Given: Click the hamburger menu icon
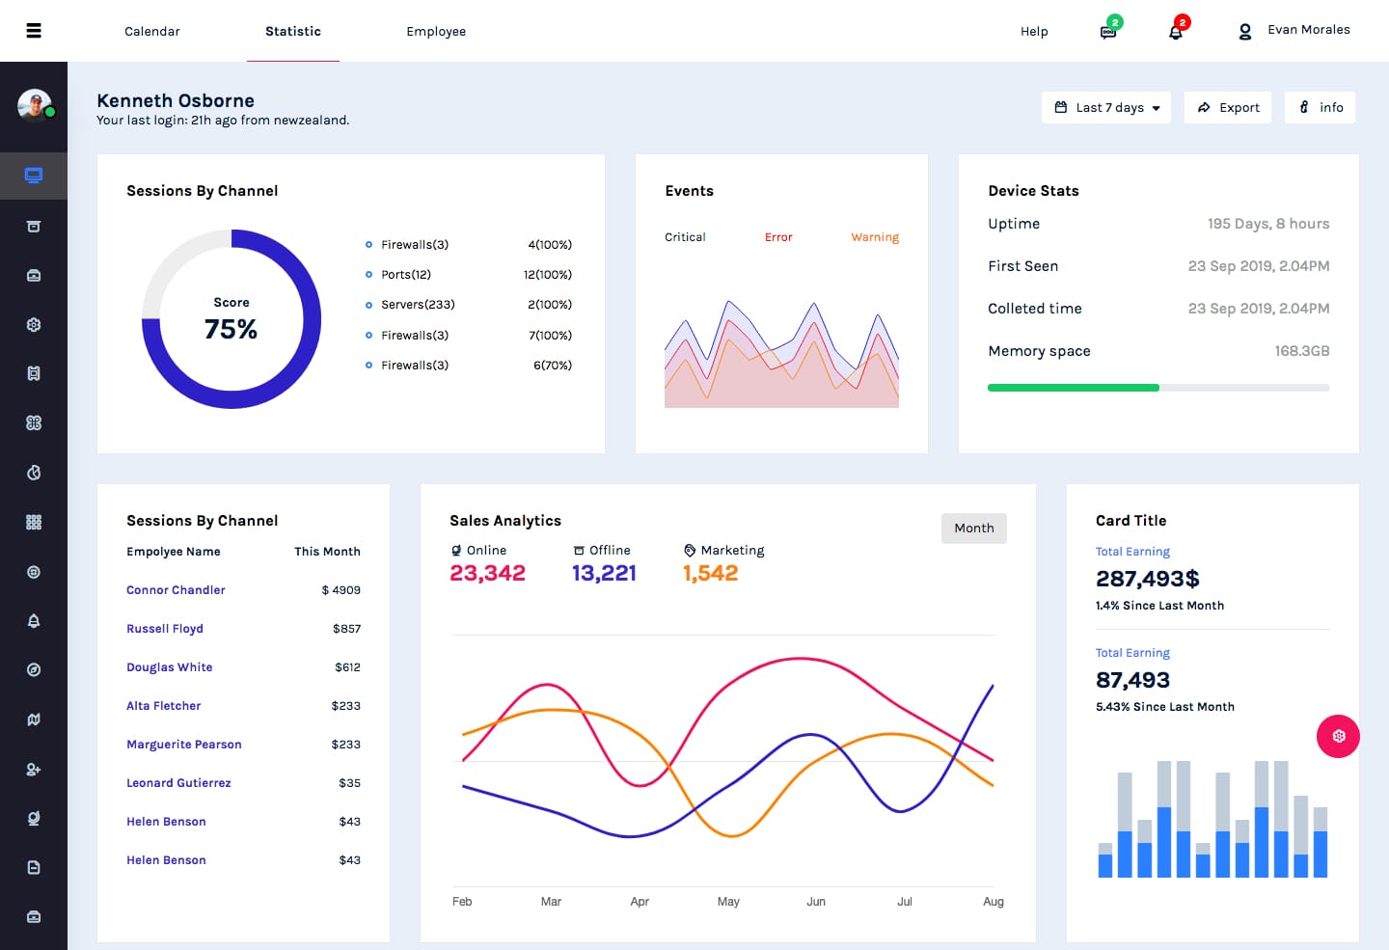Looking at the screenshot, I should point(34,31).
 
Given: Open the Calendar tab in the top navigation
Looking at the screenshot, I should point(152,31).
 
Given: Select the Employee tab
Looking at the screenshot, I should point(436,31).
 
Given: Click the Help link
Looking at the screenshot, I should point(1034,31).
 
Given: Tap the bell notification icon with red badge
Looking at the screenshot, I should point(1176,31).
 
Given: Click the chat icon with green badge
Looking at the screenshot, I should point(1108,31).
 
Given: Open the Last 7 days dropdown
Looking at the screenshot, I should point(1106,107).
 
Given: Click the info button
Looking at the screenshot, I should point(1320,107).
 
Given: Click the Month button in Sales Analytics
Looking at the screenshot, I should point(973,528).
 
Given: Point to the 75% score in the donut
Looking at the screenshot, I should point(231,329).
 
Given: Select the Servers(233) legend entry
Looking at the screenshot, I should point(418,305).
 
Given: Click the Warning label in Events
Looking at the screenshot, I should point(875,237).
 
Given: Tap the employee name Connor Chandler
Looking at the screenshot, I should point(176,590).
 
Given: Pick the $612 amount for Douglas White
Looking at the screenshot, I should point(347,667).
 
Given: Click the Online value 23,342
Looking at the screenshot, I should point(487,573).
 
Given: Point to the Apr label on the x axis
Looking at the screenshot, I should point(640,902).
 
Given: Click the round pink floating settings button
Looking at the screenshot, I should point(1338,737).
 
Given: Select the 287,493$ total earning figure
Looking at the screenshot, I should point(1148,579).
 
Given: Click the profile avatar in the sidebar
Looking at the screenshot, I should point(35,105).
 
